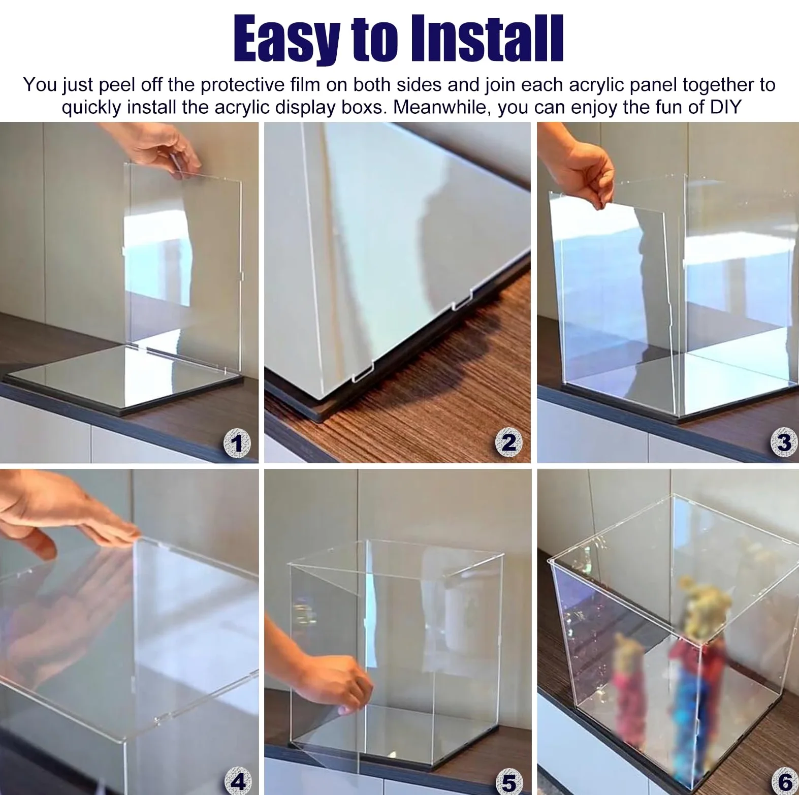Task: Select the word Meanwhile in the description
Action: coord(442,107)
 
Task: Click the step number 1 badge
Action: coord(237,443)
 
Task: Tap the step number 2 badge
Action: coord(508,443)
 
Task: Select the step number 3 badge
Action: coord(783,443)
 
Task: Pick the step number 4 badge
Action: coord(238,781)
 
